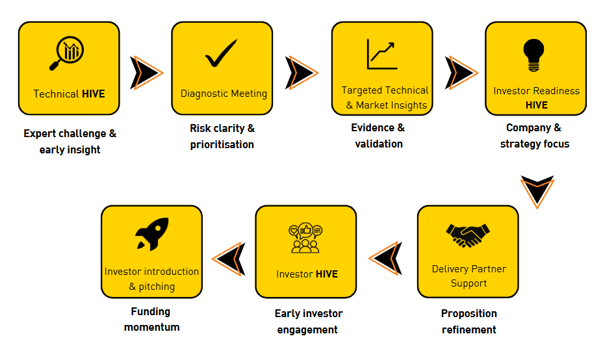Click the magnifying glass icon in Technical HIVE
tap(68, 53)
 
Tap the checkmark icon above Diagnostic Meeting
tap(221, 54)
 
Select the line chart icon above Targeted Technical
tap(382, 55)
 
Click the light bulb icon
tap(534, 55)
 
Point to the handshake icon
tap(468, 235)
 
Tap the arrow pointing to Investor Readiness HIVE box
tap(460, 72)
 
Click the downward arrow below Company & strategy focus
tap(537, 190)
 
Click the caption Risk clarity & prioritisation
tap(222, 136)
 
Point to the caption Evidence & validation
tap(378, 136)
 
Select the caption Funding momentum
tap(151, 319)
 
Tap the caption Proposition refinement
tap(468, 322)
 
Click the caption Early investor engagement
tap(308, 322)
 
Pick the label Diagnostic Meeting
tap(224, 94)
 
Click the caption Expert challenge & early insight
tap(70, 142)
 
